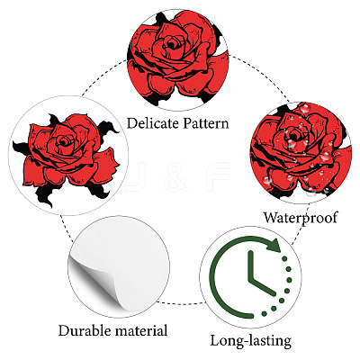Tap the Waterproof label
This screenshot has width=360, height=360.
[x=301, y=217]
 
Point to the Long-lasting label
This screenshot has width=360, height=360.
[x=251, y=341]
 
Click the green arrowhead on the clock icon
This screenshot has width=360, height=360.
[x=273, y=245]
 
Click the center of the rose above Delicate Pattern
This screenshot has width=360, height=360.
[x=172, y=45]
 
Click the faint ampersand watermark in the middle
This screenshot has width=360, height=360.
[x=177, y=177]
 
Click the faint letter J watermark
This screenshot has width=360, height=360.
[x=135, y=177]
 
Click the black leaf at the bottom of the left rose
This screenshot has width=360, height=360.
[x=46, y=194]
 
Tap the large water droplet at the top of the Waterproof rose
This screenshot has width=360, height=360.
[x=305, y=108]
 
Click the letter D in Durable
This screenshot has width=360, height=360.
[x=64, y=331]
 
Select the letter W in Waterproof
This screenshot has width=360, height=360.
[x=272, y=217]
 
